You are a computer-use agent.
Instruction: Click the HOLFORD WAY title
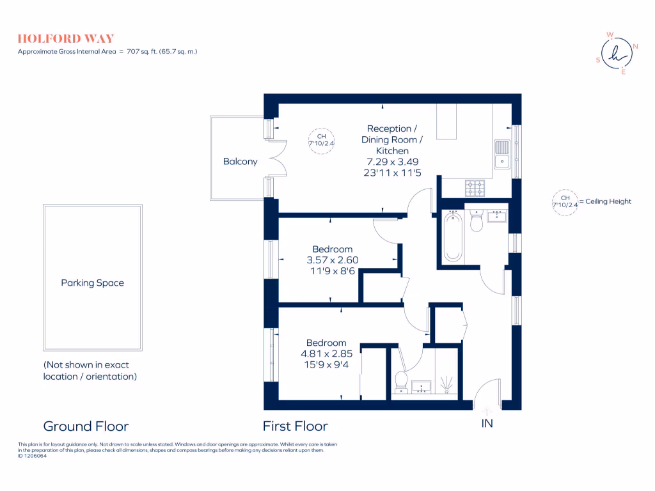pos(66,38)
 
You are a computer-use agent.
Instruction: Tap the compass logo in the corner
pos(617,54)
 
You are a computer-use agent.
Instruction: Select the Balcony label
pos(240,162)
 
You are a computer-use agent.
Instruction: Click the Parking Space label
pos(93,283)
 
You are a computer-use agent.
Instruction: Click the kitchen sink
pos(501,154)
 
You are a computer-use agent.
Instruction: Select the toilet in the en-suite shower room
pos(402,380)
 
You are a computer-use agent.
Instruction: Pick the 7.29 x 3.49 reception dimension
pos(392,162)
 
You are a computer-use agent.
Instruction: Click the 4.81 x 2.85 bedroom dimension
pos(326,354)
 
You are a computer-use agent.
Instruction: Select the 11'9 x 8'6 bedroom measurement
pos(332,271)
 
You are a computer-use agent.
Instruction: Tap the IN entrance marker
pos(487,423)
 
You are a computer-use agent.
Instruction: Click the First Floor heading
pos(296,426)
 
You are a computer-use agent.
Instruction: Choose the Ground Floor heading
pos(86,426)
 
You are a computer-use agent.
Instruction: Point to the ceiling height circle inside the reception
pos(322,140)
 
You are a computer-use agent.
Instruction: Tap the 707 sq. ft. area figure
pos(145,51)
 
